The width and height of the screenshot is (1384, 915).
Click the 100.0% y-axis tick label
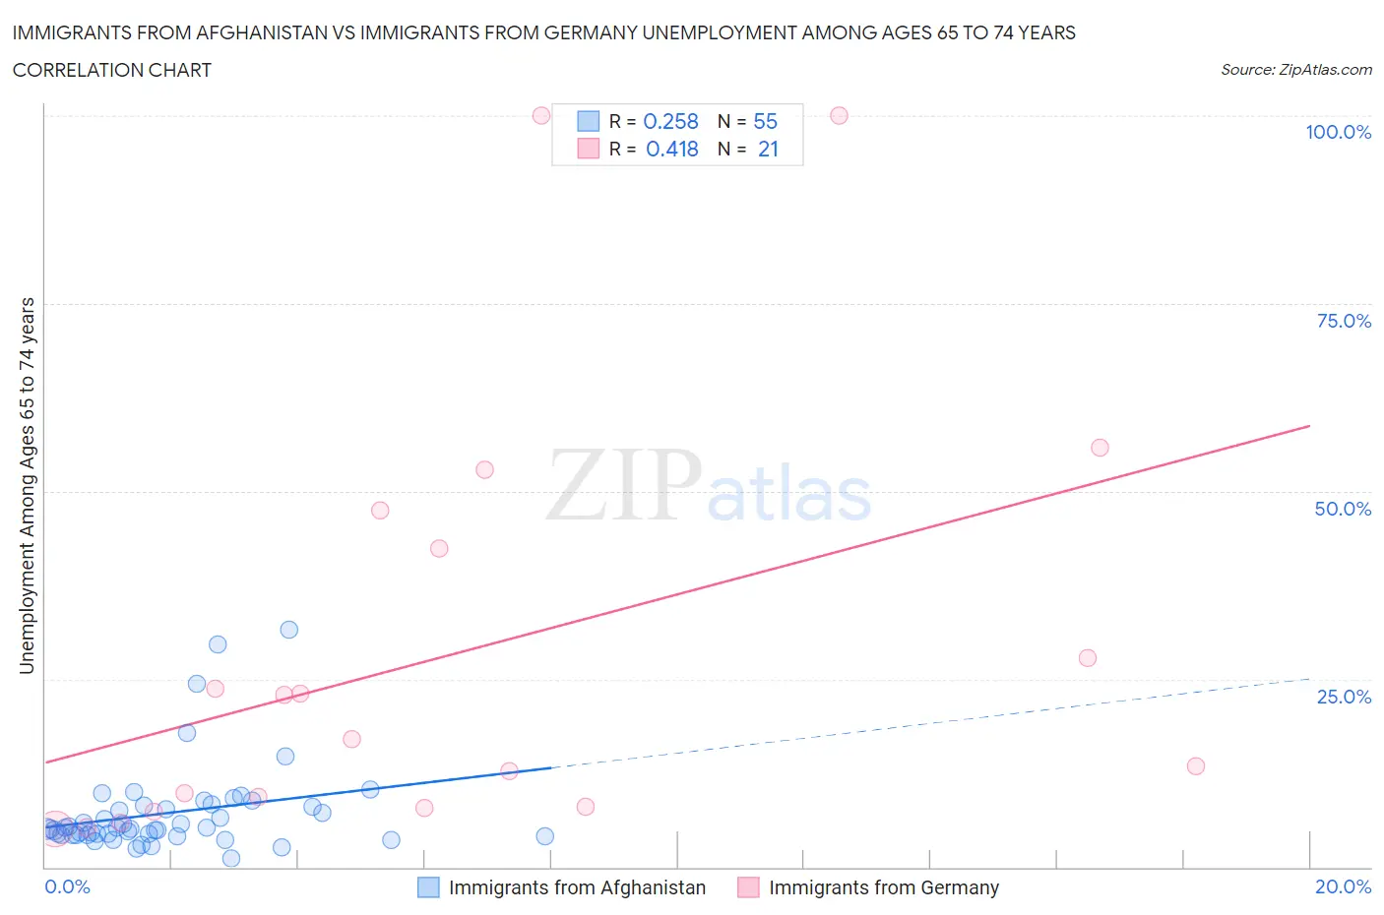pyautogui.click(x=1338, y=132)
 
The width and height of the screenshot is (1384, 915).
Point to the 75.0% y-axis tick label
pyautogui.click(x=1344, y=321)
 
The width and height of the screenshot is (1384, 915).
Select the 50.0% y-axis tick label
pyautogui.click(x=1343, y=509)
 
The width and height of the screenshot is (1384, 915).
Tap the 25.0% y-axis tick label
pyautogui.click(x=1344, y=697)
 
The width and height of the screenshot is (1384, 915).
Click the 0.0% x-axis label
pyautogui.click(x=67, y=886)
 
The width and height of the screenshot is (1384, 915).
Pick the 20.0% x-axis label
pyautogui.click(x=1343, y=886)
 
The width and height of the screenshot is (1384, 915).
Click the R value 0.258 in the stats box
pyautogui.click(x=670, y=121)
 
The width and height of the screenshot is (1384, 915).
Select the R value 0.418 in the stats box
pyautogui.click(x=671, y=149)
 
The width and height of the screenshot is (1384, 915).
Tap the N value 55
pyautogui.click(x=765, y=121)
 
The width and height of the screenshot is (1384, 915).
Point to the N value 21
pyautogui.click(x=768, y=149)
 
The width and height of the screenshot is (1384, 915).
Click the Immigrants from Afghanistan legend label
pyautogui.click(x=577, y=887)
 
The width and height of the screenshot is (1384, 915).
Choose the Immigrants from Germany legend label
pyautogui.click(x=883, y=887)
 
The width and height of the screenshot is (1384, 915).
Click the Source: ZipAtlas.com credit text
pyautogui.click(x=1295, y=70)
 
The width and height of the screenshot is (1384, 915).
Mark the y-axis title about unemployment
pyautogui.click(x=27, y=485)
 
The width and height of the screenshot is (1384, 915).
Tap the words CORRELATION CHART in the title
pyautogui.click(x=112, y=70)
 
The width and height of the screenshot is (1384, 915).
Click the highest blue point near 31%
pyautogui.click(x=288, y=630)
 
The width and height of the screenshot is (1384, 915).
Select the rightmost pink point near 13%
pyautogui.click(x=1195, y=766)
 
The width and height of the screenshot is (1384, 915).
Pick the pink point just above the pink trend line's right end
pyautogui.click(x=1100, y=448)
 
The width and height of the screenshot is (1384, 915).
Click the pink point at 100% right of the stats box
pyautogui.click(x=839, y=115)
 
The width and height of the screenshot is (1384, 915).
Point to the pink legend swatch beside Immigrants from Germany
pyautogui.click(x=748, y=887)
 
